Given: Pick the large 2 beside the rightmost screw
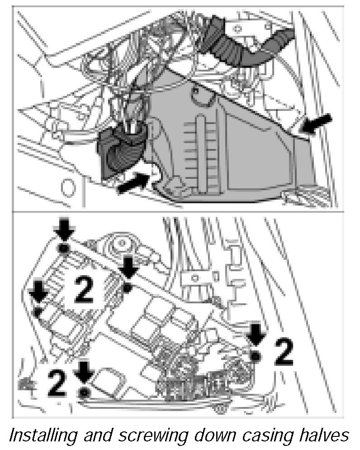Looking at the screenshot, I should point(283,353).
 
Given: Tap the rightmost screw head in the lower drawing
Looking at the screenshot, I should point(256,356).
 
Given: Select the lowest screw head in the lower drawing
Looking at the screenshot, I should point(83,392).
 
